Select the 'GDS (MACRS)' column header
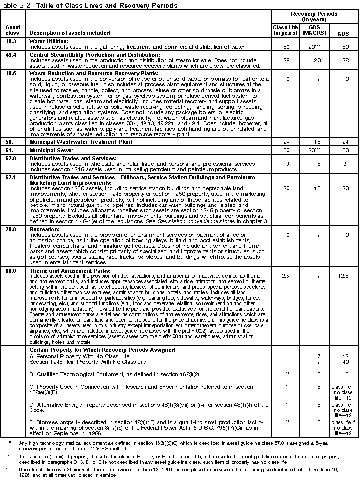314,30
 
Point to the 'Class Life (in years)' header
285,30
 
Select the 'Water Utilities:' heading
47,41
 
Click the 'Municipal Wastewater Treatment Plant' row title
80,142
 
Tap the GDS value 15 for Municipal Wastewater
314,142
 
